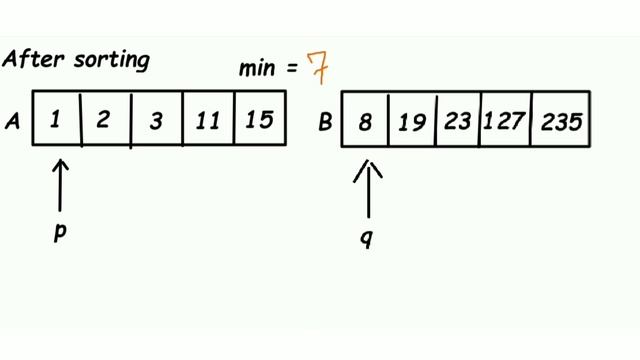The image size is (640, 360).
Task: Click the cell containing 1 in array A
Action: click(x=57, y=120)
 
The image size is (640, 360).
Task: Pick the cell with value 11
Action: click(x=208, y=120)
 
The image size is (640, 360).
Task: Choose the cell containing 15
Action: click(x=260, y=120)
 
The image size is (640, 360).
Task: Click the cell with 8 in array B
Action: click(x=365, y=122)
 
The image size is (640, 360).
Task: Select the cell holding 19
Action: click(x=411, y=122)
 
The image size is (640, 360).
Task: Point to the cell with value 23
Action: click(x=458, y=122)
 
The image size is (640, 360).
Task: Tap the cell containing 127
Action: click(x=506, y=122)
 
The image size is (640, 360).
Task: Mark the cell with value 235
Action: click(x=561, y=122)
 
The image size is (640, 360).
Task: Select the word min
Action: click(x=256, y=71)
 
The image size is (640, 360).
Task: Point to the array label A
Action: click(x=14, y=120)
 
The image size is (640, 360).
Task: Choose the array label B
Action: click(x=325, y=122)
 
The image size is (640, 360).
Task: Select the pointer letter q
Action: click(x=367, y=240)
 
